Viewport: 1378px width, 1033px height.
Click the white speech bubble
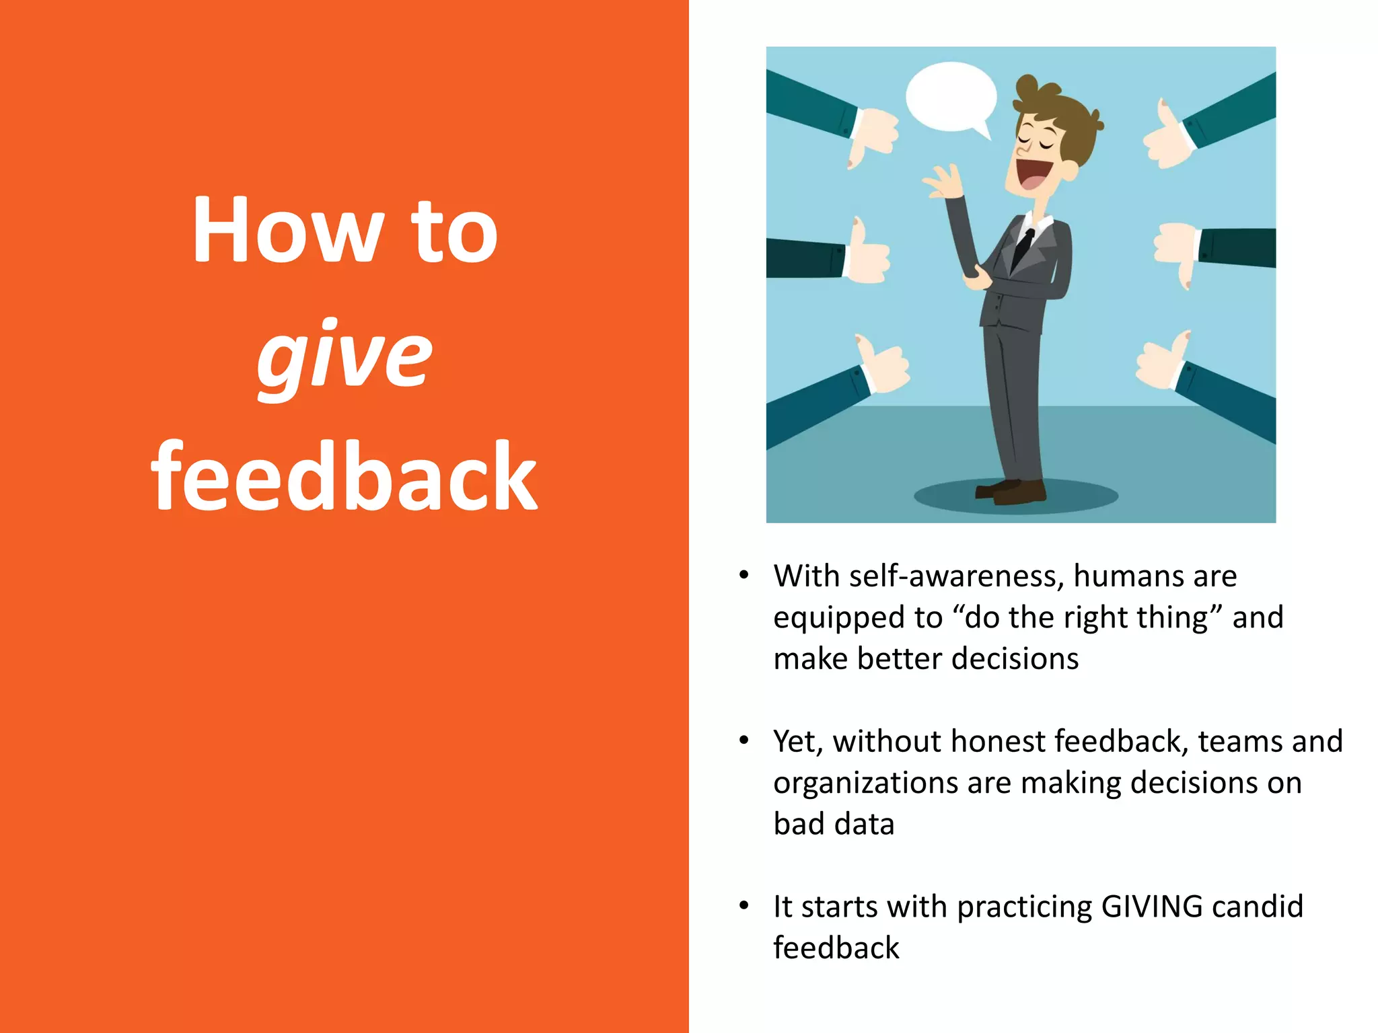pyautogui.click(x=951, y=98)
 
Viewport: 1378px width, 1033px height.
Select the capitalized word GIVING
pyautogui.click(x=1151, y=907)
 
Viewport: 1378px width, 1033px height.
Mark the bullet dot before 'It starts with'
pyautogui.click(x=744, y=906)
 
